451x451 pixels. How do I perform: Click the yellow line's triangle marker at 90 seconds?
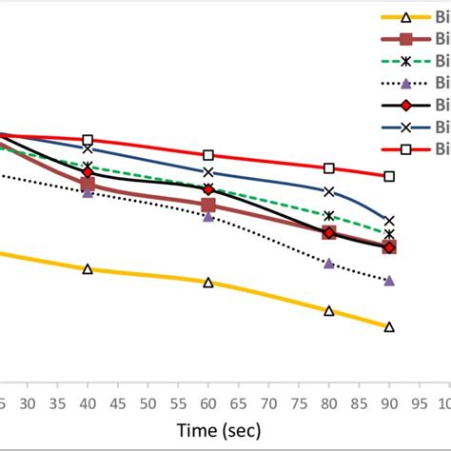click(x=389, y=327)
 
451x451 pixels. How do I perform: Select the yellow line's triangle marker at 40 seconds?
click(x=88, y=269)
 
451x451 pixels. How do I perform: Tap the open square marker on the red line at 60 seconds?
click(x=208, y=155)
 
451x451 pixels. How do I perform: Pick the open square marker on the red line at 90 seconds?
click(x=389, y=176)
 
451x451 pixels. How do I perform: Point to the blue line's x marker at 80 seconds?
click(x=329, y=191)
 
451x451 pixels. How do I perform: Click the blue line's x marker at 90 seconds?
click(x=389, y=221)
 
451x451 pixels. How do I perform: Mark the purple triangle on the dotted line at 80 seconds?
click(x=329, y=264)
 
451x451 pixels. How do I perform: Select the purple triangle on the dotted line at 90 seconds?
click(x=389, y=281)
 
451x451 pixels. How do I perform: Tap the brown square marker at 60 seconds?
click(x=208, y=205)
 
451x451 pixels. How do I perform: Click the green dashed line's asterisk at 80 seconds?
click(x=329, y=216)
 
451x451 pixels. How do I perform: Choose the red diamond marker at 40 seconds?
click(x=88, y=172)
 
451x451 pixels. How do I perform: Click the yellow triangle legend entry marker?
click(x=405, y=17)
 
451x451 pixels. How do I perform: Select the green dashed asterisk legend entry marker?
click(x=405, y=61)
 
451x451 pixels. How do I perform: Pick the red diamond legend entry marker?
click(x=405, y=105)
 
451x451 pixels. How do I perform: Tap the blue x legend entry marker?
click(x=405, y=127)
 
